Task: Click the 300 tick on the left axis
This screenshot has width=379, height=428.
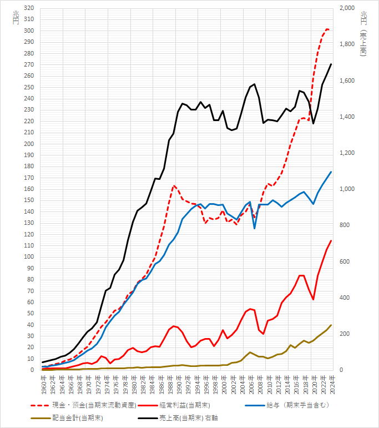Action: tap(28, 31)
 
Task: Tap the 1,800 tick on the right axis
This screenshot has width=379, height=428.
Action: tap(348, 45)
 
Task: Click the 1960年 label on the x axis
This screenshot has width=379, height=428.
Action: tap(43, 383)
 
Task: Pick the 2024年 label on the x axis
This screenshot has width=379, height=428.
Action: tap(331, 383)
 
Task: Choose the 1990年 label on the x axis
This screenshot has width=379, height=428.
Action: tap(178, 383)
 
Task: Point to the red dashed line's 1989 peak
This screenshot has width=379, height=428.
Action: tap(174, 185)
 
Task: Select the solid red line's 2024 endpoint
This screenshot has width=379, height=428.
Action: tap(331, 240)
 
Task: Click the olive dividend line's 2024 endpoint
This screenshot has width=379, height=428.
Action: tap(331, 325)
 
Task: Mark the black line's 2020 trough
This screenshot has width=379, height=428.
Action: tap(313, 123)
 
